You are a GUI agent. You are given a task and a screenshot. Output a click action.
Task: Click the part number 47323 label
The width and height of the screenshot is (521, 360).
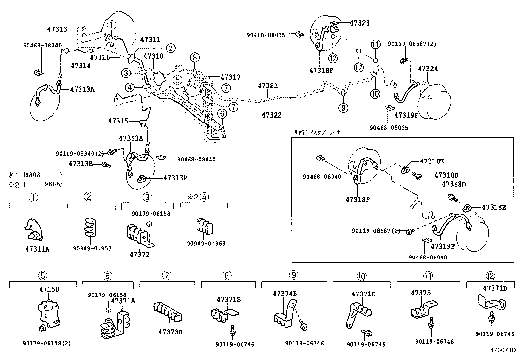pos(360,23)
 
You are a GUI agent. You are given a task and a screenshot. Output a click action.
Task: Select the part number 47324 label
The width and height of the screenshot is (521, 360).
pos(428,69)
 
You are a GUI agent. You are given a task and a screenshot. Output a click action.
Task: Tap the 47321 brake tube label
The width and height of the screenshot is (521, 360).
pos(267,85)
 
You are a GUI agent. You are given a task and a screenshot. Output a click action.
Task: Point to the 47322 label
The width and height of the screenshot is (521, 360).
pos(272,115)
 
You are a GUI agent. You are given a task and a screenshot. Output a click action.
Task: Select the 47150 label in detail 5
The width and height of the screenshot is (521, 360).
pos(49,289)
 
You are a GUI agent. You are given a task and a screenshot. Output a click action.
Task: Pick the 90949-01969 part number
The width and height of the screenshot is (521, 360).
pos(206,243)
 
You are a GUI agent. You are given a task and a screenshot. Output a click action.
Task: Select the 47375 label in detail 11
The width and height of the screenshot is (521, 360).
pos(421,293)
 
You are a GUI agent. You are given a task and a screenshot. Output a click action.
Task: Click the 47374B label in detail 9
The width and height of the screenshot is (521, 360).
pos(285,294)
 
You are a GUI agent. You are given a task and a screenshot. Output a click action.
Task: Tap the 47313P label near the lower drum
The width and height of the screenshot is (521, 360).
pos(175,178)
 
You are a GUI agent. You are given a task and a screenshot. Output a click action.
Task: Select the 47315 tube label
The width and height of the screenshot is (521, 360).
pos(118,121)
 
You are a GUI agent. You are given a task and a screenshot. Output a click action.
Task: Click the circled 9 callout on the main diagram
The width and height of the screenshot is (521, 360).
pos(343,107)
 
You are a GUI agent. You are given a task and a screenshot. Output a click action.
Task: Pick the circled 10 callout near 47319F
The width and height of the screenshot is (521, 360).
pos(375,94)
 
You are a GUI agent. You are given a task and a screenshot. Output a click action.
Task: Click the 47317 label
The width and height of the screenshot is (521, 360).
pos(230,77)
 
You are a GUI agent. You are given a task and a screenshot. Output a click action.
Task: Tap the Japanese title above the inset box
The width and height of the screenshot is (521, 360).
pos(317,132)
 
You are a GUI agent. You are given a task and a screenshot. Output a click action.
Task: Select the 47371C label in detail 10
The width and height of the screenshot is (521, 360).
pos(364,294)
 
